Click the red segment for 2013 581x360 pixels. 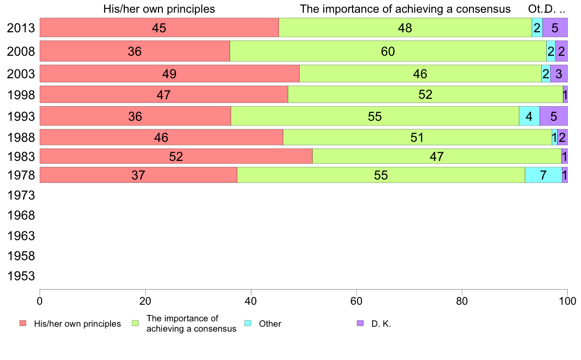tap(159, 27)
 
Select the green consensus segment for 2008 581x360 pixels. tap(388, 51)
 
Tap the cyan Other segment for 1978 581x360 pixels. tap(543, 175)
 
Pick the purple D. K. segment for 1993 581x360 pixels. tap(554, 116)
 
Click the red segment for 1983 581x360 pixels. tap(176, 156)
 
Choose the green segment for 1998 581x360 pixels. tap(425, 94)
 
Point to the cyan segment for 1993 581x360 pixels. tap(529, 116)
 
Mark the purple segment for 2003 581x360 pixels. tap(559, 74)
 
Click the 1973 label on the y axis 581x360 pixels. tap(21, 196)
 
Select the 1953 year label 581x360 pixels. tap(21, 276)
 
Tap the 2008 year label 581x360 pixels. tap(21, 51)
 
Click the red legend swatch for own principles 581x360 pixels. tap(22, 323)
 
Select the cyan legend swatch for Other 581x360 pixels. tap(247, 323)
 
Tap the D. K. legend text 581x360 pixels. tap(381, 323)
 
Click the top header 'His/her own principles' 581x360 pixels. tap(159, 9)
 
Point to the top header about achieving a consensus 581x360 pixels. tap(405, 9)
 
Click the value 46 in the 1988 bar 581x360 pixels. tap(161, 137)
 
